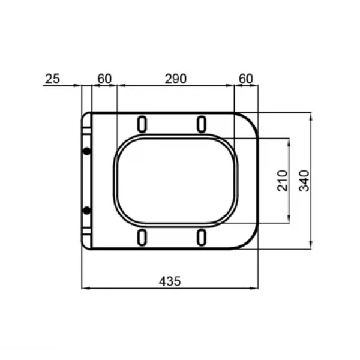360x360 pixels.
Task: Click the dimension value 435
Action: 170,280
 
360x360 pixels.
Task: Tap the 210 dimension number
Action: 282,181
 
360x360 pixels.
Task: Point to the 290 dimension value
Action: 175,79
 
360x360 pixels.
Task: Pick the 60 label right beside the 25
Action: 104,79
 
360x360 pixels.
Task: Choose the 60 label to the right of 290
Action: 245,79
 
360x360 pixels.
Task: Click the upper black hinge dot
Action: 87,151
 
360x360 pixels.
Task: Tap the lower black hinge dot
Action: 87,211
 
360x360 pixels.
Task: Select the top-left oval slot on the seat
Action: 143,123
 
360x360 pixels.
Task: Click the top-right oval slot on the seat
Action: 202,123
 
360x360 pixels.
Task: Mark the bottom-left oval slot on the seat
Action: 143,237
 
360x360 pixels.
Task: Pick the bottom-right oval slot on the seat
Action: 202,237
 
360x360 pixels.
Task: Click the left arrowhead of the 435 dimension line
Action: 84,288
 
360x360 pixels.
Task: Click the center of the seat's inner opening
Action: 176,180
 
